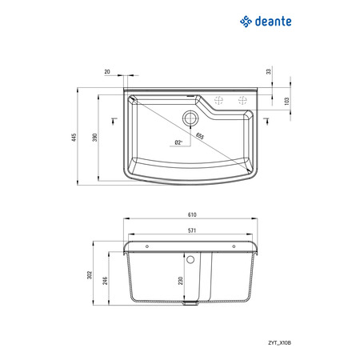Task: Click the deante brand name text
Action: (273, 22)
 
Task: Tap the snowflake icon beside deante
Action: (246, 22)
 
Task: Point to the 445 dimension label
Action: (74, 137)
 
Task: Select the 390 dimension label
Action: (95, 137)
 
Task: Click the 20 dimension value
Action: (107, 72)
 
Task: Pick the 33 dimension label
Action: (269, 71)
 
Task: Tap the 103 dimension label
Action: (286, 102)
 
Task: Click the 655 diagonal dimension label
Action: (200, 136)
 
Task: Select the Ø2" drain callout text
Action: (178, 142)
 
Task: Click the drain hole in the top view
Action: (190, 118)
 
